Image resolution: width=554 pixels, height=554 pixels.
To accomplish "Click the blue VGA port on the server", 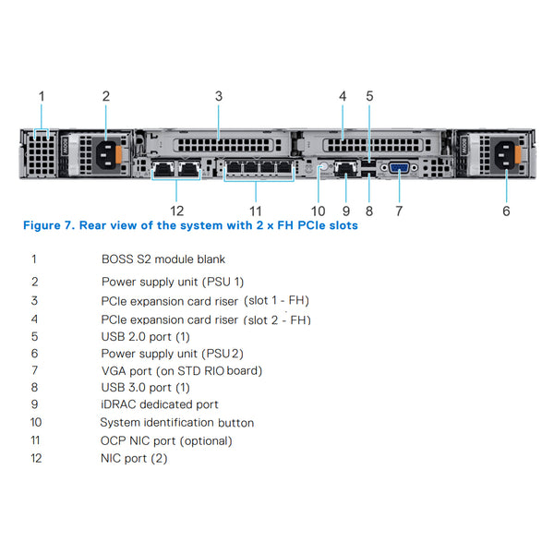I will coord(399,168).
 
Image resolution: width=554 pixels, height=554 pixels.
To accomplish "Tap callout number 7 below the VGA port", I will coord(399,211).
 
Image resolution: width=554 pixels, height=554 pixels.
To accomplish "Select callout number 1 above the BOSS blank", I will coord(41,96).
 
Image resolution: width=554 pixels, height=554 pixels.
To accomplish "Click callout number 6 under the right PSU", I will coord(506,211).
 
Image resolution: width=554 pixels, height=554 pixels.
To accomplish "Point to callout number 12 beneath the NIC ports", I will coord(177,211).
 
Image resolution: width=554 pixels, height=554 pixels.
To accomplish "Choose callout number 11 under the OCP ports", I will coord(256,211).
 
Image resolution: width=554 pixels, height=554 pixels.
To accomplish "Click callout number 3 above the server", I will coord(219,96).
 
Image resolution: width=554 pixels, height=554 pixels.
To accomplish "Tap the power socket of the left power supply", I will coord(105,152).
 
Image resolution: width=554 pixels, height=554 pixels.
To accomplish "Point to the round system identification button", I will coord(323,168).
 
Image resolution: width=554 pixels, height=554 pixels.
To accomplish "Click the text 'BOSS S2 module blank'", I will coord(163,259).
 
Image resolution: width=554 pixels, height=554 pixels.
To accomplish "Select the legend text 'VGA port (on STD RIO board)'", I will coord(182,370).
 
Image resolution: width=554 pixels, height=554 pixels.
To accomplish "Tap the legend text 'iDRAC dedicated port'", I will coord(160,404).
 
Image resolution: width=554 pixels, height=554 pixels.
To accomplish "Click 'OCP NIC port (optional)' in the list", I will coord(166,440).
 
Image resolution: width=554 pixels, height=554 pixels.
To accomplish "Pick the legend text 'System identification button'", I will coord(176,422).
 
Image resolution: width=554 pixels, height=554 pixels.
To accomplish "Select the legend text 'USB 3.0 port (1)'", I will coord(145,388).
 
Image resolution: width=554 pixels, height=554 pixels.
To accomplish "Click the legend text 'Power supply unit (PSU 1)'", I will coord(172,281).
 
